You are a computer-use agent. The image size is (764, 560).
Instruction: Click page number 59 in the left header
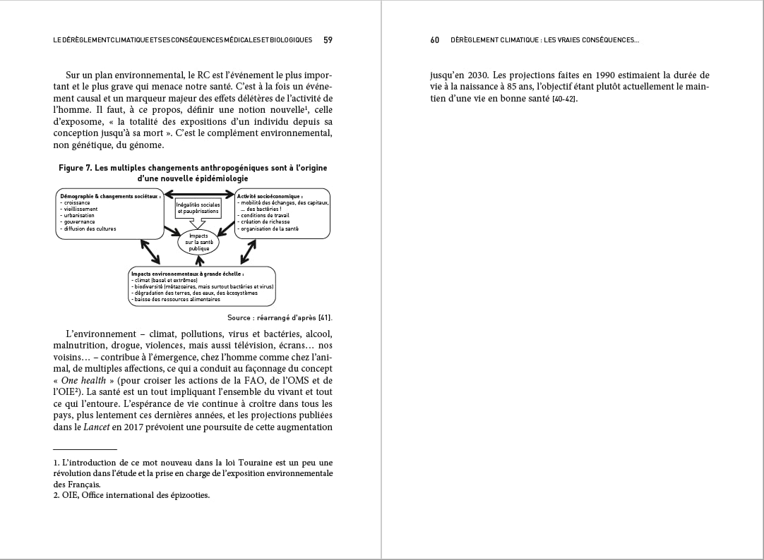click(328, 40)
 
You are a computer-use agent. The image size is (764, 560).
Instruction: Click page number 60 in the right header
click(435, 40)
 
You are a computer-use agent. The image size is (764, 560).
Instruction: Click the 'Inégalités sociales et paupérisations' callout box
click(198, 208)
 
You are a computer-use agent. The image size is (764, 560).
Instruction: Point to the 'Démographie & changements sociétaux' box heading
click(110, 196)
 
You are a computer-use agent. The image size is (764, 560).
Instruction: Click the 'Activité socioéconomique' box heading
click(270, 196)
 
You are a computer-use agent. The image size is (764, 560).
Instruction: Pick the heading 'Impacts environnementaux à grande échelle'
click(188, 273)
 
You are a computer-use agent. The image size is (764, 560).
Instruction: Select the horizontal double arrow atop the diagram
click(198, 193)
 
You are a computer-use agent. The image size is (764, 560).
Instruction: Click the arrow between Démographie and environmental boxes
click(150, 251)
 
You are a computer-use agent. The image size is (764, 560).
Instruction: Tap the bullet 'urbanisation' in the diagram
click(79, 215)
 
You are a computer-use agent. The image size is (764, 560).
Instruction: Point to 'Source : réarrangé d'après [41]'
click(280, 318)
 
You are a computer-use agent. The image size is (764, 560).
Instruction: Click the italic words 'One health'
click(80, 380)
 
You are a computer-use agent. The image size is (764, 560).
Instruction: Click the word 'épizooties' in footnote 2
click(186, 495)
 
